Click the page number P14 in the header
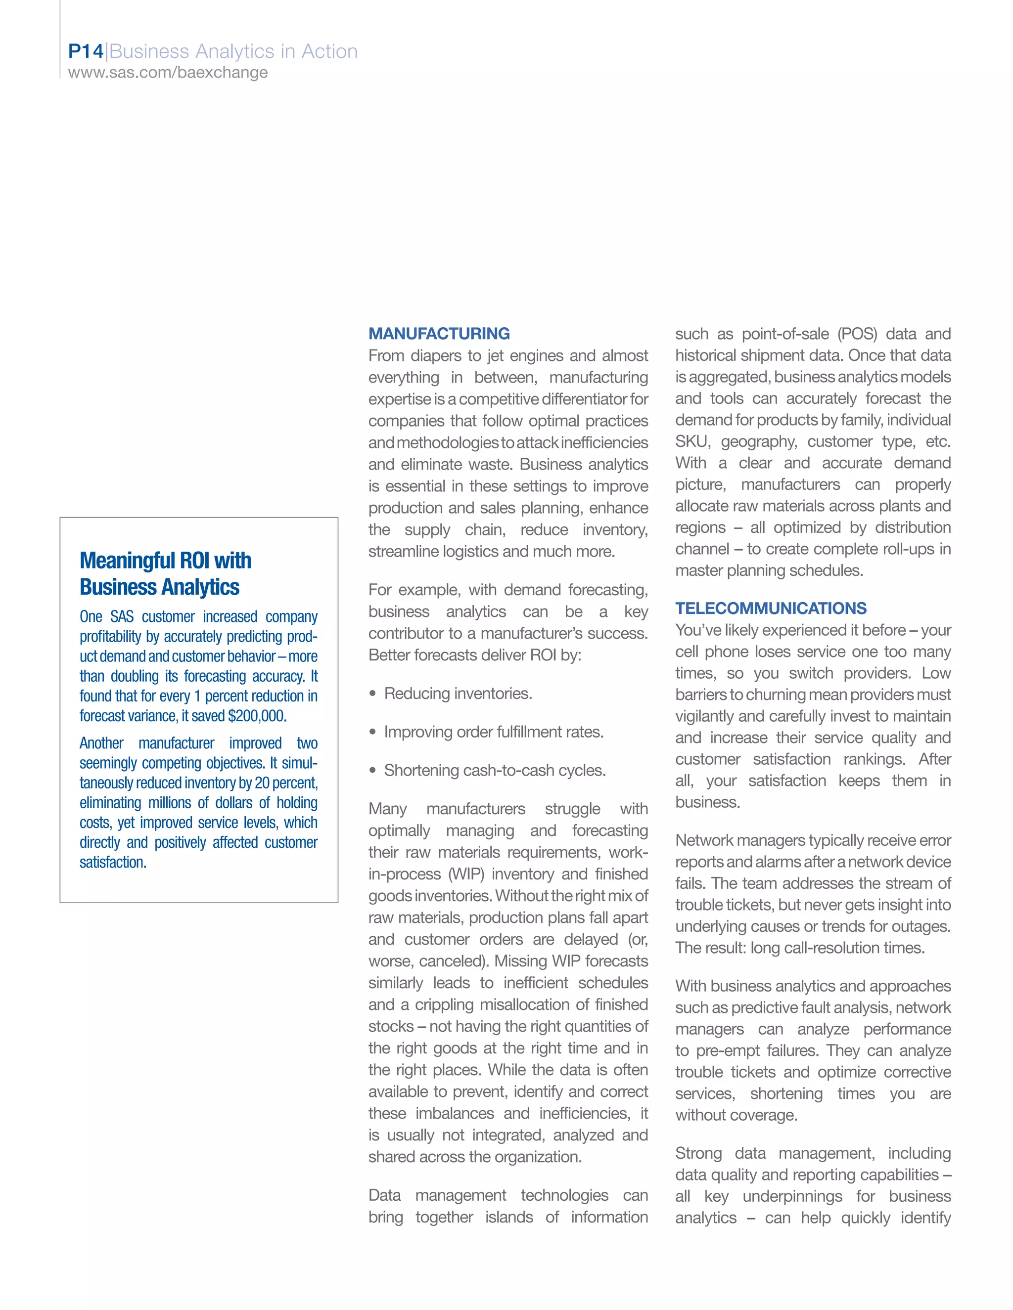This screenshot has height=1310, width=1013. (x=86, y=51)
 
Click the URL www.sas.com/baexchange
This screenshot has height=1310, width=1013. (x=168, y=73)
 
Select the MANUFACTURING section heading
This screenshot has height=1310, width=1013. (x=439, y=334)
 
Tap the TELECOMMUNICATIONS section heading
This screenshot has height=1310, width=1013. (x=770, y=608)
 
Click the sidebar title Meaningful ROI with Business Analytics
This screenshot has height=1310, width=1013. (x=165, y=573)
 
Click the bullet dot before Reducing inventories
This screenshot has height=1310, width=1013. (x=372, y=694)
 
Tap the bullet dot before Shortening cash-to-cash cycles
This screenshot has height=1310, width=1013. (x=372, y=771)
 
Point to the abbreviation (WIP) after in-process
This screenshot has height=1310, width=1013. (x=466, y=874)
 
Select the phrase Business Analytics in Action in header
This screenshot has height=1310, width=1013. (x=233, y=51)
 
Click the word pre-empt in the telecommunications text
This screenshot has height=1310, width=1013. (x=727, y=1051)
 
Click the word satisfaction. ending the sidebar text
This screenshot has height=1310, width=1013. (x=113, y=863)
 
